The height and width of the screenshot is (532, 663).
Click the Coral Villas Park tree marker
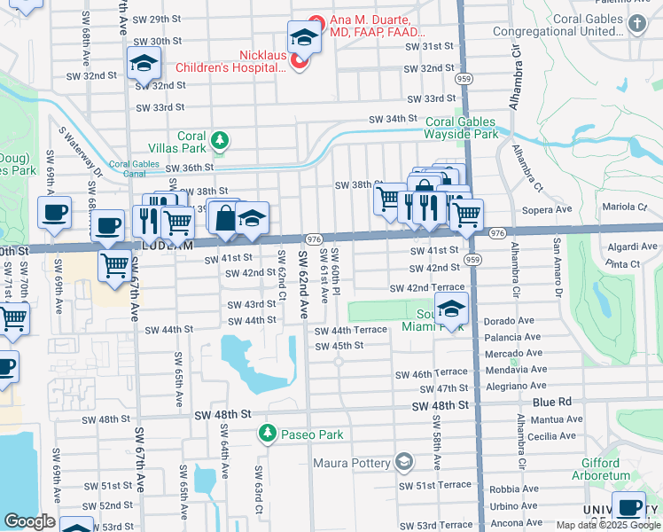pos(220,140)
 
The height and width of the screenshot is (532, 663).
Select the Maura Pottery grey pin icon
pos(404,462)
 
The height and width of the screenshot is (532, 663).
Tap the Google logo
pos(29,521)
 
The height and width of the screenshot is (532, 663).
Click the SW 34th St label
pos(388,119)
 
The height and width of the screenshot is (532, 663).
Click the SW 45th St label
pos(337,346)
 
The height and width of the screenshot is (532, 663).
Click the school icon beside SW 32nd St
pos(142,63)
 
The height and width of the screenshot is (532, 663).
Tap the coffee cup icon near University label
pos(630,508)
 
